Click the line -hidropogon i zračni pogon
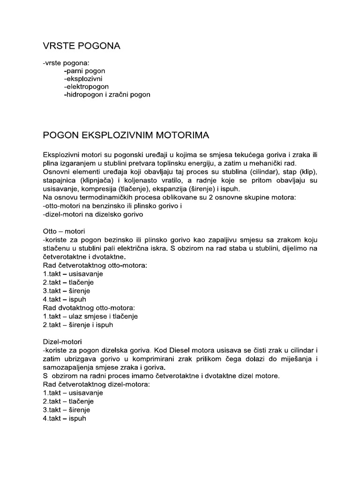point(107,95)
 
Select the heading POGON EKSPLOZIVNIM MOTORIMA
point(126,135)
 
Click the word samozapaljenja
point(68,367)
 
